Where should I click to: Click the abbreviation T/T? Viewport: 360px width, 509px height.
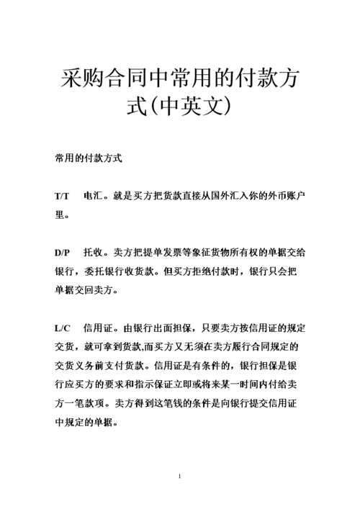click(x=61, y=196)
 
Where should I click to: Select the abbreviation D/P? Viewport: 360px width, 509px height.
click(x=62, y=253)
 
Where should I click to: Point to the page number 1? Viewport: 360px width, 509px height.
click(x=179, y=477)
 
